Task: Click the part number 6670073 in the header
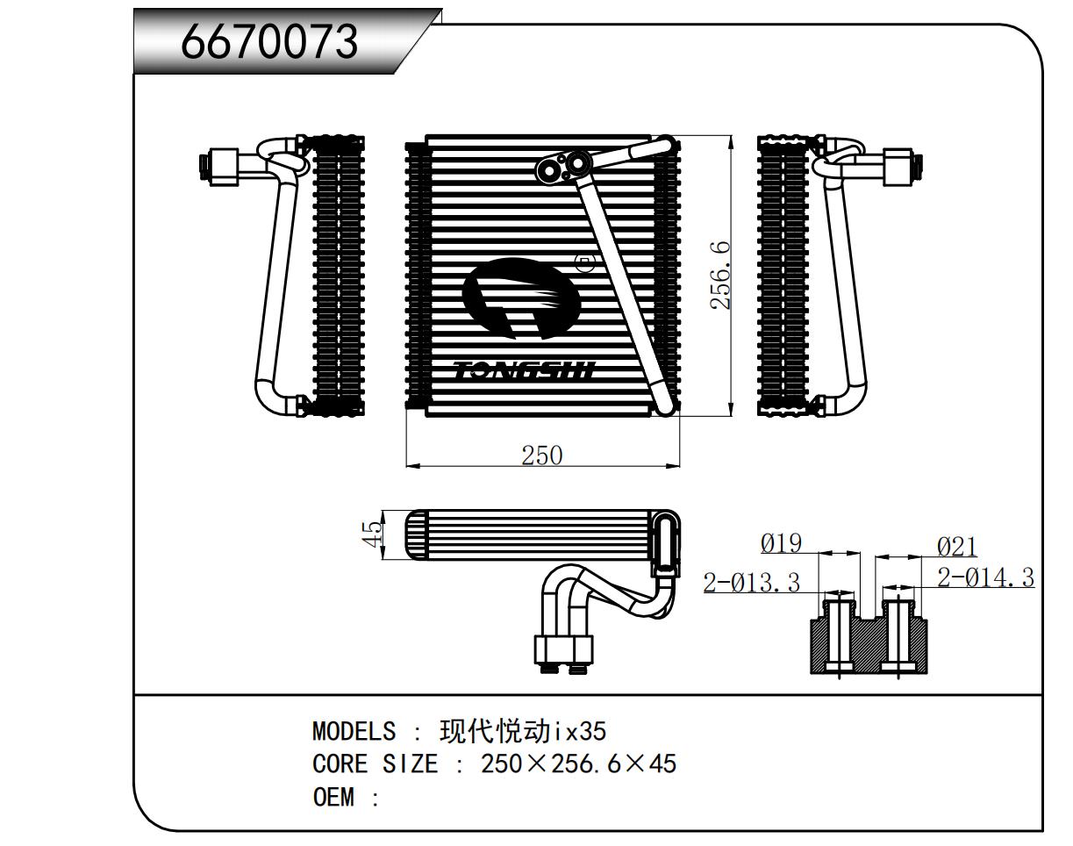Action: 269,41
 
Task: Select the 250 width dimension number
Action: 541,455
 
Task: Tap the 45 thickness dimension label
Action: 374,534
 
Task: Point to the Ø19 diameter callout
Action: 781,544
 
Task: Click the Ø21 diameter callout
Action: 956,548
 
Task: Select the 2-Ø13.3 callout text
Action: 752,582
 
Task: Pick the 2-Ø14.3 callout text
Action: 985,577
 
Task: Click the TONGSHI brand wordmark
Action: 525,371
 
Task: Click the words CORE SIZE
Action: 375,764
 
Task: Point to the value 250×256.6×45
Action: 579,764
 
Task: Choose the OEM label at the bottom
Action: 333,798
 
